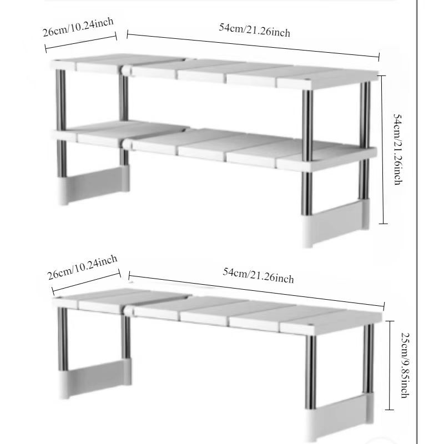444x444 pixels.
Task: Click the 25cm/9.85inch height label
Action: coord(406,365)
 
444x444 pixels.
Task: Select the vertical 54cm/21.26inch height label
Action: coord(398,149)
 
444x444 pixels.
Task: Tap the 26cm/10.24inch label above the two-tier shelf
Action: coord(78,27)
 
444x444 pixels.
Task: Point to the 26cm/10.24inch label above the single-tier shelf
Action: coord(82,267)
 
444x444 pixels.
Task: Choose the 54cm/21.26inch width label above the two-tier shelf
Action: coord(255,30)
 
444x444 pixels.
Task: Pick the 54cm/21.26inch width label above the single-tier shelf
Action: coord(258,275)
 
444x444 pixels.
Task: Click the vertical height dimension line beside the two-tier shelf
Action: coord(382,149)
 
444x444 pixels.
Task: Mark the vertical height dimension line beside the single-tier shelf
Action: coord(390,365)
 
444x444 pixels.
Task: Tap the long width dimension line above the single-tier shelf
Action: coord(256,291)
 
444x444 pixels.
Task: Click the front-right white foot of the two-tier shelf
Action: coord(307,231)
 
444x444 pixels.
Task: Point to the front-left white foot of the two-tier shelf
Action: coord(63,190)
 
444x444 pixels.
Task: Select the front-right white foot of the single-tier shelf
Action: coord(311,426)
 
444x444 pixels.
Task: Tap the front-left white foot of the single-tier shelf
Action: coord(64,385)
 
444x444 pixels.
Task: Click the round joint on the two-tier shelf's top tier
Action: coord(126,70)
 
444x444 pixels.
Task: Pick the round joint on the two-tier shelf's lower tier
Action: coord(127,143)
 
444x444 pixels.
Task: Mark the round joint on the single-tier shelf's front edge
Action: coord(128,310)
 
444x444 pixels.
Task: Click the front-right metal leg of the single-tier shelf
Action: coord(311,372)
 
